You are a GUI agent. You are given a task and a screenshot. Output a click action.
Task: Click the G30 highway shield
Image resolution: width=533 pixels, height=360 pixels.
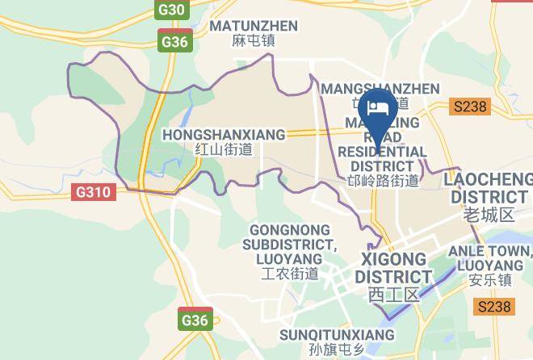pos(172,10)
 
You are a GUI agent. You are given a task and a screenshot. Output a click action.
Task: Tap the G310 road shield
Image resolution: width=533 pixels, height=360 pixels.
pos(96,192)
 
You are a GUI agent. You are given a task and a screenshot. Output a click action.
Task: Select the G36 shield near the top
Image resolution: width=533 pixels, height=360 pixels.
pos(175,42)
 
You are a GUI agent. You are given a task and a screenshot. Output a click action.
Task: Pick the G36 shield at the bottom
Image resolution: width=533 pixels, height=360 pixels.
pos(195,320)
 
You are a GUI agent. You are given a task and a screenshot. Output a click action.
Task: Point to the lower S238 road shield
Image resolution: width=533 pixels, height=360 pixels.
pos(494,306)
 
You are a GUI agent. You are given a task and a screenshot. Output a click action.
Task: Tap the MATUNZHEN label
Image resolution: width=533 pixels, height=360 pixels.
pos(254,26)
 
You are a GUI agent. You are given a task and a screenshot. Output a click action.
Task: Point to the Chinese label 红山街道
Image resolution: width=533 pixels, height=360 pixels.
pos(224,149)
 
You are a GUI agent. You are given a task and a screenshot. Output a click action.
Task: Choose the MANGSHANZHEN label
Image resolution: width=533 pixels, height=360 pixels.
pos(380,88)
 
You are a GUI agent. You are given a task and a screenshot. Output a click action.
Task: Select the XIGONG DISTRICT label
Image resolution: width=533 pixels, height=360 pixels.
pos(394,268)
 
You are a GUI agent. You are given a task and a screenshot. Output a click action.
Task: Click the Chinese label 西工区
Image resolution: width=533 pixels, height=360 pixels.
pos(394,294)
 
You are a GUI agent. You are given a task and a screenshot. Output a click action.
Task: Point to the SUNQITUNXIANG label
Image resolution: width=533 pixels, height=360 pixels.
pos(337,334)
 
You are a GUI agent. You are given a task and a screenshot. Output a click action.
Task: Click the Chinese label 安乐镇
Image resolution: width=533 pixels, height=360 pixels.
pos(492,281)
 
